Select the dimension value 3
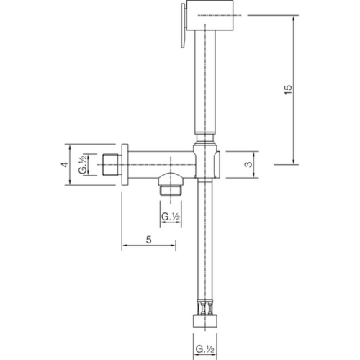pos(247,165)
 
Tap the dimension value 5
pos(148,240)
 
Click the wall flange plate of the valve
pos(125,164)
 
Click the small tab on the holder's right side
pos(220,165)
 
